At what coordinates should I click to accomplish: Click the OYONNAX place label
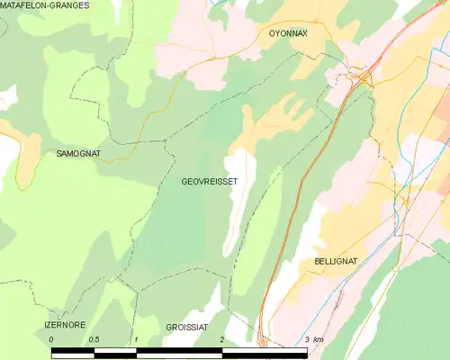(x=288, y=33)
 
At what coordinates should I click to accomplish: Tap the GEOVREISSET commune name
(x=210, y=181)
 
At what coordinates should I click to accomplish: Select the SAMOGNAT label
(x=78, y=154)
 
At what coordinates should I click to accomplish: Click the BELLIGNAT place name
(x=336, y=261)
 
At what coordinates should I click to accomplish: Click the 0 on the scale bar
(x=52, y=339)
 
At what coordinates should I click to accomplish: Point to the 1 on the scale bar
(x=135, y=339)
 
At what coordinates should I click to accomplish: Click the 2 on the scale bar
(x=221, y=339)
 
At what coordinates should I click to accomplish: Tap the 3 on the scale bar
(x=307, y=339)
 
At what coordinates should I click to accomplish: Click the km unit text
(x=319, y=339)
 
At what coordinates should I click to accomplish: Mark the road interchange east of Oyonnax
(x=364, y=77)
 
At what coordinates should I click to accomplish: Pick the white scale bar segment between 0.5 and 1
(x=114, y=351)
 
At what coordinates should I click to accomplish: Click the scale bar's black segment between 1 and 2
(x=178, y=351)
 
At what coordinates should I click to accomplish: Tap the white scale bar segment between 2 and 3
(x=264, y=351)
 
